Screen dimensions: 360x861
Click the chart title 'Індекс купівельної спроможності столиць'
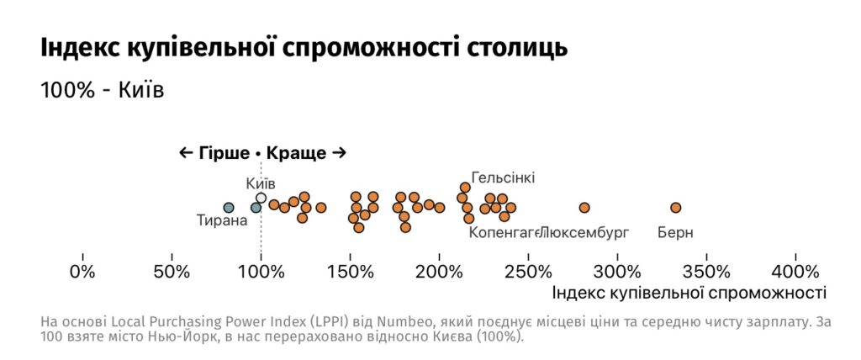pos(304,48)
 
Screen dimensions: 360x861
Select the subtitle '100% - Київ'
pos(102,90)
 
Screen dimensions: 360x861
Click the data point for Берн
pos(675,208)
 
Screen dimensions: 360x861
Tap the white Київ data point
pos(261,199)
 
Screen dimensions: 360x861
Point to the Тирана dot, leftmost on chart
pos(228,208)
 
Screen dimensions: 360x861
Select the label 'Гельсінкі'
pos(503,177)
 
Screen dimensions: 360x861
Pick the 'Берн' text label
pos(675,233)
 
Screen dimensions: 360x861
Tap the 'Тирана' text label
pos(222,221)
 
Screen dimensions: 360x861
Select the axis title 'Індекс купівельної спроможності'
pos(689,293)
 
